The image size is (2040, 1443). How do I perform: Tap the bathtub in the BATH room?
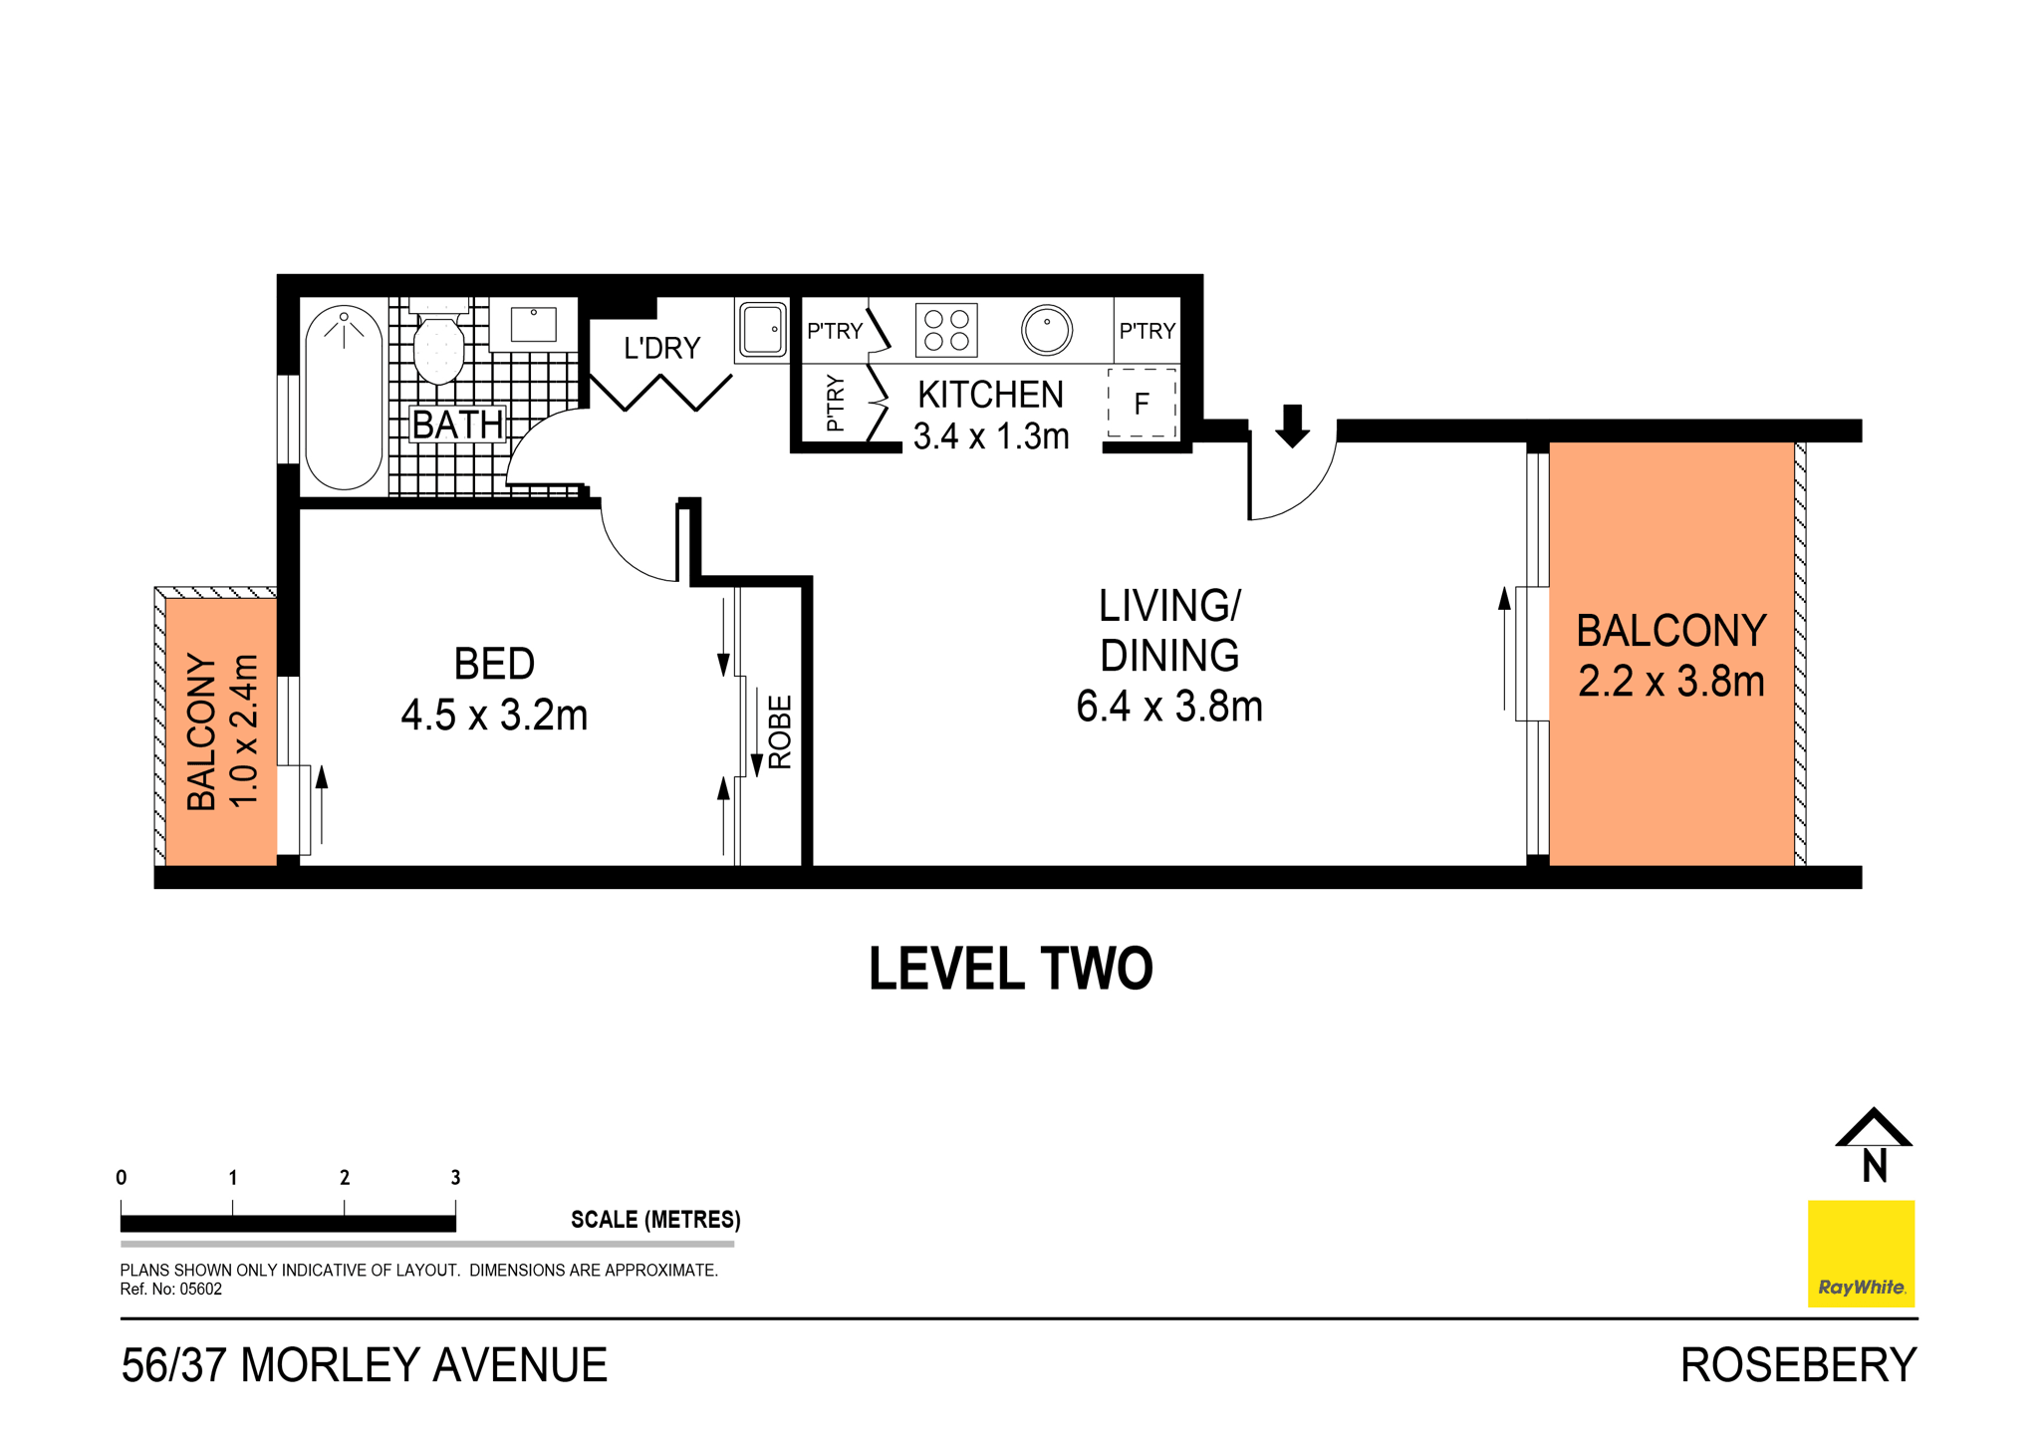(344, 399)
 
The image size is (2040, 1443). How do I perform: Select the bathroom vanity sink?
(534, 325)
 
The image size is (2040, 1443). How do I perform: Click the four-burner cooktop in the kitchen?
(946, 330)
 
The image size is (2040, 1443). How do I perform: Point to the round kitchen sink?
(1047, 330)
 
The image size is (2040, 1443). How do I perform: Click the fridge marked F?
(1142, 404)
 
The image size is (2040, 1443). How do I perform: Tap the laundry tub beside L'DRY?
(763, 330)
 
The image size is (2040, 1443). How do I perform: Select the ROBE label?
(781, 731)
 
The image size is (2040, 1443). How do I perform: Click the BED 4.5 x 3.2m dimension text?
(494, 716)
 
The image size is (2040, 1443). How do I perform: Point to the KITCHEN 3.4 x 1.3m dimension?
(991, 436)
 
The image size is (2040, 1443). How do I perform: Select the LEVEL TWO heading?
(1010, 969)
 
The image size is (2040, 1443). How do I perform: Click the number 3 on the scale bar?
(455, 1178)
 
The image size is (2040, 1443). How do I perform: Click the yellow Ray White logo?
(1861, 1254)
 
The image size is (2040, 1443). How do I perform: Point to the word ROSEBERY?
(1798, 1365)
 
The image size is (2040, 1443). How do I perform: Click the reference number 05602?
(200, 1290)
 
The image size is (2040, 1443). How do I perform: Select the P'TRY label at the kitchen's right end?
(1147, 331)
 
